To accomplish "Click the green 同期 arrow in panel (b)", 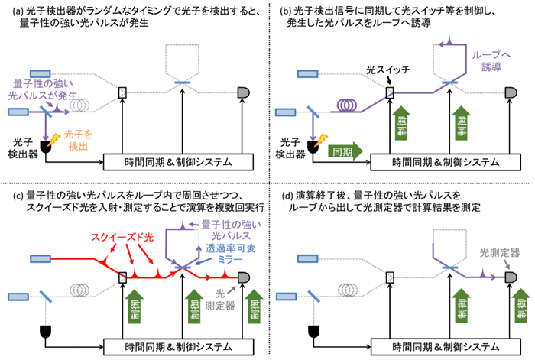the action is (x=345, y=151).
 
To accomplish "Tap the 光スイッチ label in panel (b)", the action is (x=387, y=70).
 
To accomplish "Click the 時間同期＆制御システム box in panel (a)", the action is (x=178, y=162).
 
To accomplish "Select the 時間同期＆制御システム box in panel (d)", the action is (x=446, y=347).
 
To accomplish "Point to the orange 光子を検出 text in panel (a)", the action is (x=78, y=140).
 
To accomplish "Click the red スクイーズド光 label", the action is (x=122, y=238).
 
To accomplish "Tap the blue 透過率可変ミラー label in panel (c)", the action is (x=230, y=254).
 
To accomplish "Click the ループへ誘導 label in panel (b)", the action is (x=491, y=60).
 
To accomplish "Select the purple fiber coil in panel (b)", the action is (x=347, y=105).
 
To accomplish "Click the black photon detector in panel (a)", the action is (x=46, y=147).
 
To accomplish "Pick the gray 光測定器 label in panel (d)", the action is (x=500, y=253).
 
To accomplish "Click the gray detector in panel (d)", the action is (x=511, y=277).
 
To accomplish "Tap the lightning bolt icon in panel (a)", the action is (x=54, y=140).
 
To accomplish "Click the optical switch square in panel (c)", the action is (x=122, y=277).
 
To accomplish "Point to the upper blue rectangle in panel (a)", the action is (x=41, y=73).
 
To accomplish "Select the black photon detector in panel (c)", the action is (x=45, y=332).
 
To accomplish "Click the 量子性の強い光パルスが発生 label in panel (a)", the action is (x=43, y=89).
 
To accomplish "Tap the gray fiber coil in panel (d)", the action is (x=347, y=290).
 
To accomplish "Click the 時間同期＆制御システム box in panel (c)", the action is (x=178, y=347).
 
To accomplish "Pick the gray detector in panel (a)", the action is (x=244, y=92).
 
